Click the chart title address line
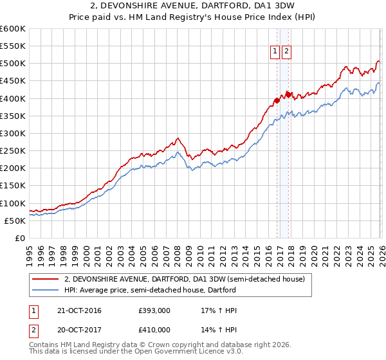point(193,6)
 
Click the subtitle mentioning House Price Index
point(193,17)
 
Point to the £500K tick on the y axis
point(13,64)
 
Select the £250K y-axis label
point(13,151)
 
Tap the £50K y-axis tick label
point(15,221)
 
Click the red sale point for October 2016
point(277,100)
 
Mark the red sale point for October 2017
point(288,94)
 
